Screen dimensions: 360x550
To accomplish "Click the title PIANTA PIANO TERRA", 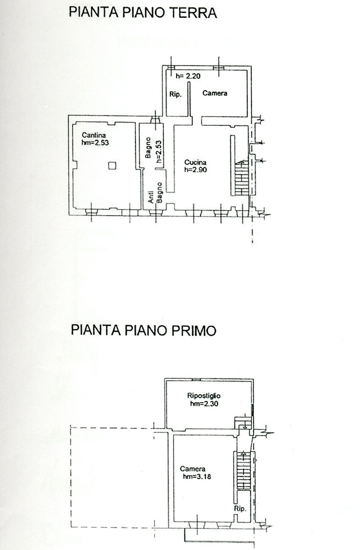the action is click(x=143, y=12).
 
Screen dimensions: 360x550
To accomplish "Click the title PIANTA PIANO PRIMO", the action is click(x=143, y=331).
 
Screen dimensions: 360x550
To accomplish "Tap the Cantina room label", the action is click(x=94, y=135).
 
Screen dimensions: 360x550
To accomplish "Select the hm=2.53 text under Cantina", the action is click(x=95, y=143).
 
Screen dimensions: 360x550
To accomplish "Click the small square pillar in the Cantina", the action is click(x=112, y=165).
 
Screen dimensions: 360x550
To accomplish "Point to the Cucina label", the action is click(x=195, y=162).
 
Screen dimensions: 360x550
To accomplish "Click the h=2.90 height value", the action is click(x=196, y=170).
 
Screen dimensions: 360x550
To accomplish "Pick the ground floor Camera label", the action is click(x=215, y=93).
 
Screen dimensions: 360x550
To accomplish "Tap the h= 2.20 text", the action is click(x=188, y=76).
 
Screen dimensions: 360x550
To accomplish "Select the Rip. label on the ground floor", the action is click(x=175, y=95).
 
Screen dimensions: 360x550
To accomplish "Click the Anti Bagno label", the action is click(x=155, y=192).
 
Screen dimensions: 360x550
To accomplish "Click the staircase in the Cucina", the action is click(x=242, y=178).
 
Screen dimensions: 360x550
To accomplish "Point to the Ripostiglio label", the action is click(x=204, y=396).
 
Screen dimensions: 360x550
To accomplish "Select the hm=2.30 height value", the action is click(x=204, y=403).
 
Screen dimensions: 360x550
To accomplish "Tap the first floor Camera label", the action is click(x=193, y=469).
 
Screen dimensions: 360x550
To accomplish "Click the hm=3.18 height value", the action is click(x=197, y=476).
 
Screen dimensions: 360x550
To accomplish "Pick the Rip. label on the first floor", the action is click(x=240, y=509).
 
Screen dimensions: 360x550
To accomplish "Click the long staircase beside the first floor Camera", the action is click(x=243, y=470).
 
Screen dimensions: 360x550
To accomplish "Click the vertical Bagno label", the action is click(x=149, y=148).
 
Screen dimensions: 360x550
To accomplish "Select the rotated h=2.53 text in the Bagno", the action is click(x=159, y=152).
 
